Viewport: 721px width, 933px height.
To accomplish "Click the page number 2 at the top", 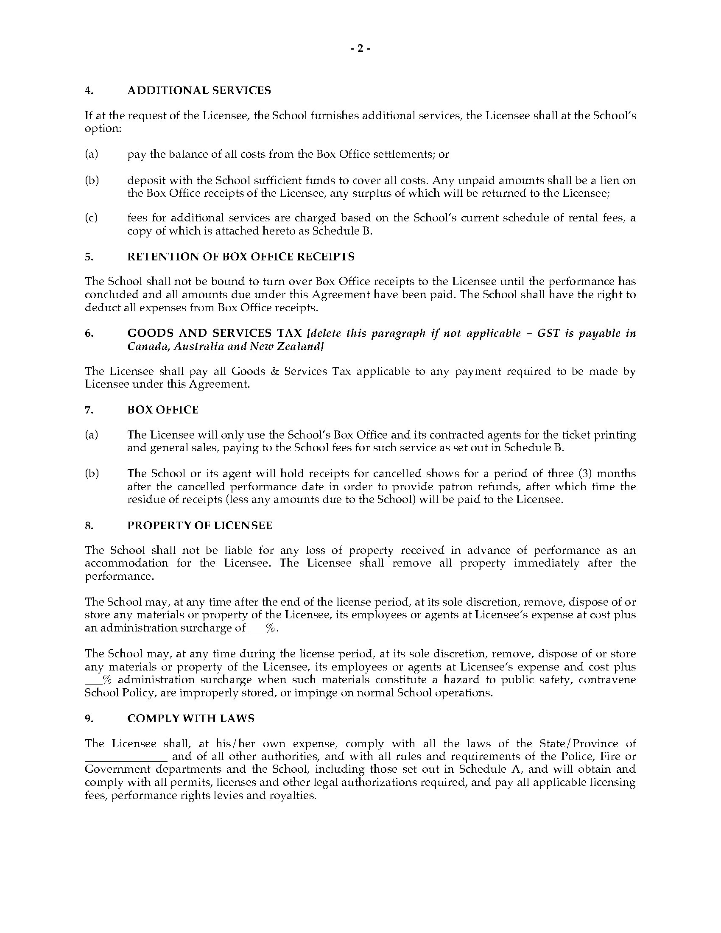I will coord(360,49).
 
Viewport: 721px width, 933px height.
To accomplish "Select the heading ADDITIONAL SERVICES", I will coord(199,91).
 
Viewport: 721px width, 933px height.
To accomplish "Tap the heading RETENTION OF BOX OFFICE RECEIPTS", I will coord(241,257).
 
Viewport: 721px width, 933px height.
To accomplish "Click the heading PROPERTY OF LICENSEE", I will coord(199,525).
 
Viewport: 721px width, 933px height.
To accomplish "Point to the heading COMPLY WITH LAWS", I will coord(190,719).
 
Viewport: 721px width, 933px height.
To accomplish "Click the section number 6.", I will coord(89,333).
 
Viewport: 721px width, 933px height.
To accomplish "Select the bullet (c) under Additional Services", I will coord(91,218).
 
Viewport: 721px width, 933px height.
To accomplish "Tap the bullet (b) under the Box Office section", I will coord(92,474).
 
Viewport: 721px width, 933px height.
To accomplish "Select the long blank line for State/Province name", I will coord(126,757).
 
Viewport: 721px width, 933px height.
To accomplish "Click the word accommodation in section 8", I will coord(126,563).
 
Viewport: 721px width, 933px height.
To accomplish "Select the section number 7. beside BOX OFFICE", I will coord(89,410).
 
